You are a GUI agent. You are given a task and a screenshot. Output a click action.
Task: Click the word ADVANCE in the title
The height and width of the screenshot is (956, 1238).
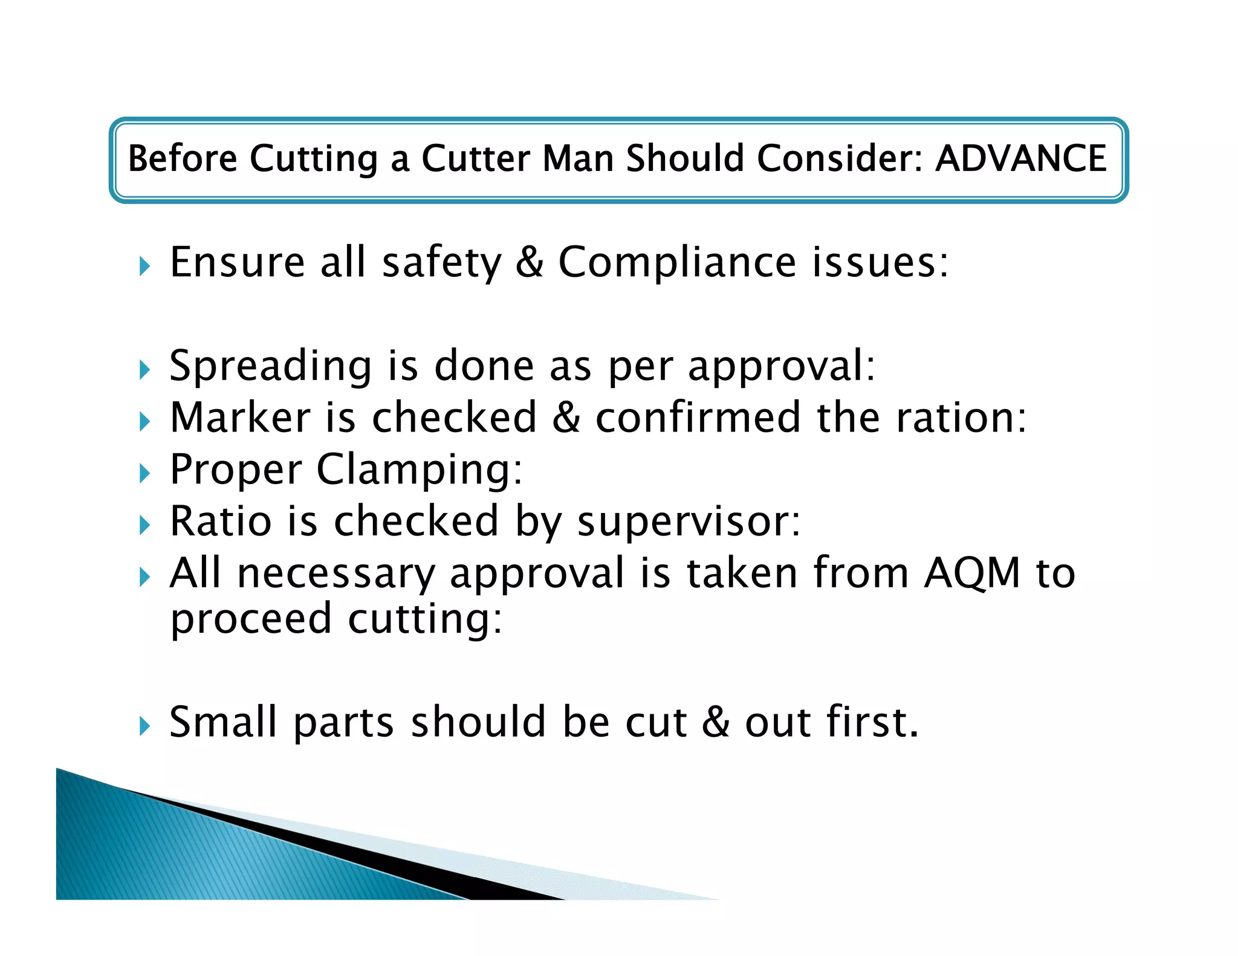click(1020, 158)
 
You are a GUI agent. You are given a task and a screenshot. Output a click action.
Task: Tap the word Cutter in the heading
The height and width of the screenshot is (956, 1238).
click(476, 158)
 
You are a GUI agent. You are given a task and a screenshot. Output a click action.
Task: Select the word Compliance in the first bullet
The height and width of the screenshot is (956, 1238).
click(676, 263)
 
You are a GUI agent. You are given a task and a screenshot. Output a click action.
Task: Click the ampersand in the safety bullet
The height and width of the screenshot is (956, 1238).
click(530, 263)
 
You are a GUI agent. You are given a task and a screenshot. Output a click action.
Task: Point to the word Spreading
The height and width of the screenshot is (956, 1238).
click(270, 367)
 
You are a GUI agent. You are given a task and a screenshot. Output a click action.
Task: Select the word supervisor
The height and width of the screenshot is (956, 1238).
click(689, 522)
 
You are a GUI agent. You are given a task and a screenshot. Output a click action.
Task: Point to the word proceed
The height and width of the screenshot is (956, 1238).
click(251, 619)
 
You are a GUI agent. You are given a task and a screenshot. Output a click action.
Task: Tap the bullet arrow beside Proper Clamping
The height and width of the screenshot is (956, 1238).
click(144, 473)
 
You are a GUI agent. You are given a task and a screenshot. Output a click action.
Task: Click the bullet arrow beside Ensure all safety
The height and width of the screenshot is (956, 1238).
click(144, 266)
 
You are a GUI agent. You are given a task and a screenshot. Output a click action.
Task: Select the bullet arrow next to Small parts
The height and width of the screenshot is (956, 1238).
click(144, 726)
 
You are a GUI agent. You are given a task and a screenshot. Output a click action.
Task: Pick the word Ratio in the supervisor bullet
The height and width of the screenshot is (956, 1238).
click(221, 522)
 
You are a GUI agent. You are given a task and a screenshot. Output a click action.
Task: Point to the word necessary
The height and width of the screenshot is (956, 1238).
click(336, 574)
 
